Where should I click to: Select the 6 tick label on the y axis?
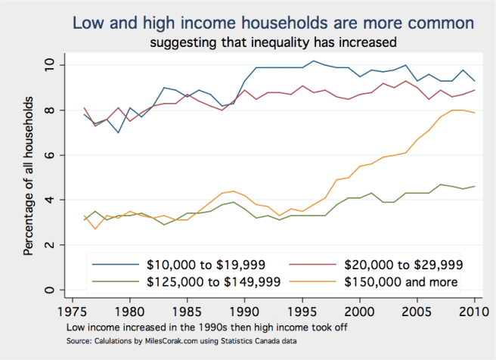click(x=49, y=156)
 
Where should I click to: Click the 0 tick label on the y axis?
click(x=49, y=290)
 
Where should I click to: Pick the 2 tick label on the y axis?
click(x=49, y=246)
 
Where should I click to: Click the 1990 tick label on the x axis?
click(x=245, y=311)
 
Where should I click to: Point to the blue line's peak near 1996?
click(x=313, y=61)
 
